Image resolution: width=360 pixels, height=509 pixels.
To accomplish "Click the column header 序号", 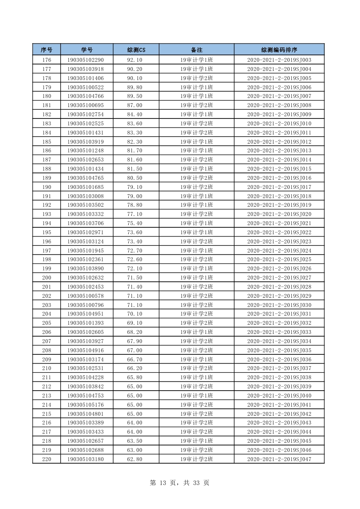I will (x=47, y=50).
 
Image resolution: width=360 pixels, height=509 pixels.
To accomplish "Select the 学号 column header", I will (x=87, y=50).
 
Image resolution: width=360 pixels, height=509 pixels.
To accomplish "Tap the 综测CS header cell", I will (x=136, y=50).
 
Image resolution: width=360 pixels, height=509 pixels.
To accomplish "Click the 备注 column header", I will (x=196, y=50).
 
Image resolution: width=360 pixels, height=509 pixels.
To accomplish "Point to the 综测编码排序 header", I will (x=279, y=50).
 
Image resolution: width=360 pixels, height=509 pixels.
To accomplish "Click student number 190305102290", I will (x=86, y=60).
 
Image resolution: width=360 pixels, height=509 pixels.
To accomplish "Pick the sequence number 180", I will (x=47, y=96).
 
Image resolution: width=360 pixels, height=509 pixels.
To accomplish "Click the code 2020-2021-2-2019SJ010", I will (x=279, y=124).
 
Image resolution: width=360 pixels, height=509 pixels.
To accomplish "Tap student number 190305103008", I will (x=86, y=196).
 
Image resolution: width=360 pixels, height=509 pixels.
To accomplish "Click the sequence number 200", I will (x=47, y=278).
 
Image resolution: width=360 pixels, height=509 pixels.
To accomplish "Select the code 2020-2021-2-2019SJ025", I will (x=279, y=260).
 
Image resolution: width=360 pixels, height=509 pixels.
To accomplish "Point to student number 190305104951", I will (x=86, y=314).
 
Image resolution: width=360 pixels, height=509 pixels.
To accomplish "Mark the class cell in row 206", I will (x=196, y=332).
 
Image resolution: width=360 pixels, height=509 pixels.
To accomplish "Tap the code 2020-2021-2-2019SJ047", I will (x=279, y=459).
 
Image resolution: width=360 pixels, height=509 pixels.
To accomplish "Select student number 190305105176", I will (x=86, y=405).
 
